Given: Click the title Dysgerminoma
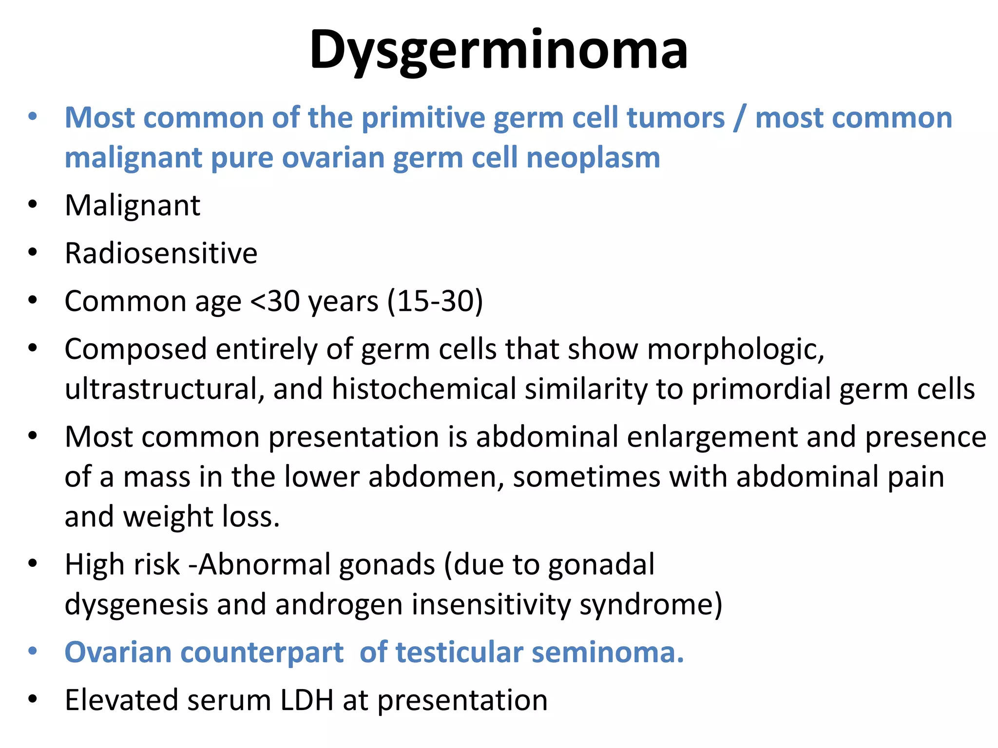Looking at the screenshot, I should point(499,50).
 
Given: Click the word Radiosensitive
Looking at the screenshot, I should point(161,253).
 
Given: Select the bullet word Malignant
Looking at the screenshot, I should point(133,205).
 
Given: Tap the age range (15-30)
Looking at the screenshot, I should point(435,301).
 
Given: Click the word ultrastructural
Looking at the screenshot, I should point(165,389).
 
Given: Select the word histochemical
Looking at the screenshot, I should point(424,389).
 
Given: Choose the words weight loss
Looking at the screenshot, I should point(201,517).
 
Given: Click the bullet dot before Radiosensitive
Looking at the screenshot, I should point(33,252).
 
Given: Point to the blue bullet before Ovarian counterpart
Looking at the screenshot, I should point(33,651).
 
